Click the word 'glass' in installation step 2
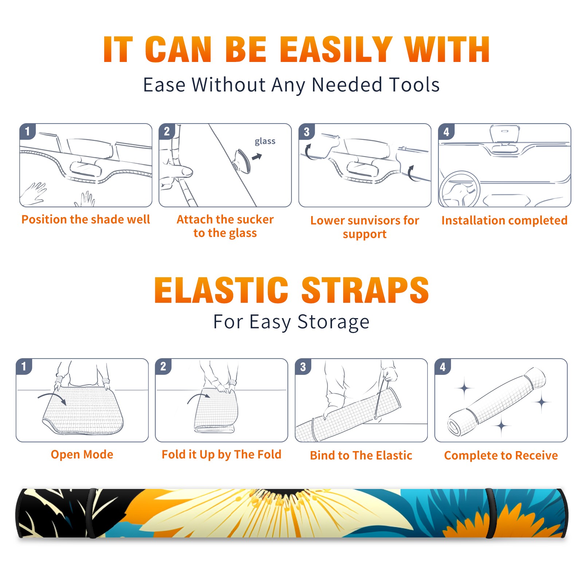265,141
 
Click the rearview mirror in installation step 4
505,134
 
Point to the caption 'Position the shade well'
86,219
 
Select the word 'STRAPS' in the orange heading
365,290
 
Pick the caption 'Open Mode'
82,454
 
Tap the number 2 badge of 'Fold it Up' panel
163,367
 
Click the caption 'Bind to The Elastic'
361,455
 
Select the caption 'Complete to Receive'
501,455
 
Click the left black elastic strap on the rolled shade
92,513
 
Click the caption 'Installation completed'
505,220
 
